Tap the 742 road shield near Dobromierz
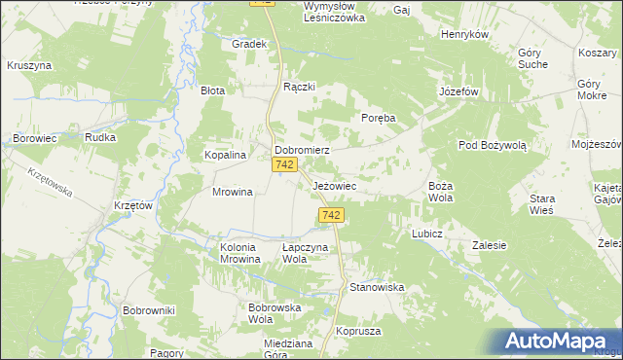point(284,166)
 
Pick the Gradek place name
point(249,44)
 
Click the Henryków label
point(463,34)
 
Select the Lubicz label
point(427,234)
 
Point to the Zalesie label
point(489,245)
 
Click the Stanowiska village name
point(377,287)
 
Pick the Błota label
point(212,90)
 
